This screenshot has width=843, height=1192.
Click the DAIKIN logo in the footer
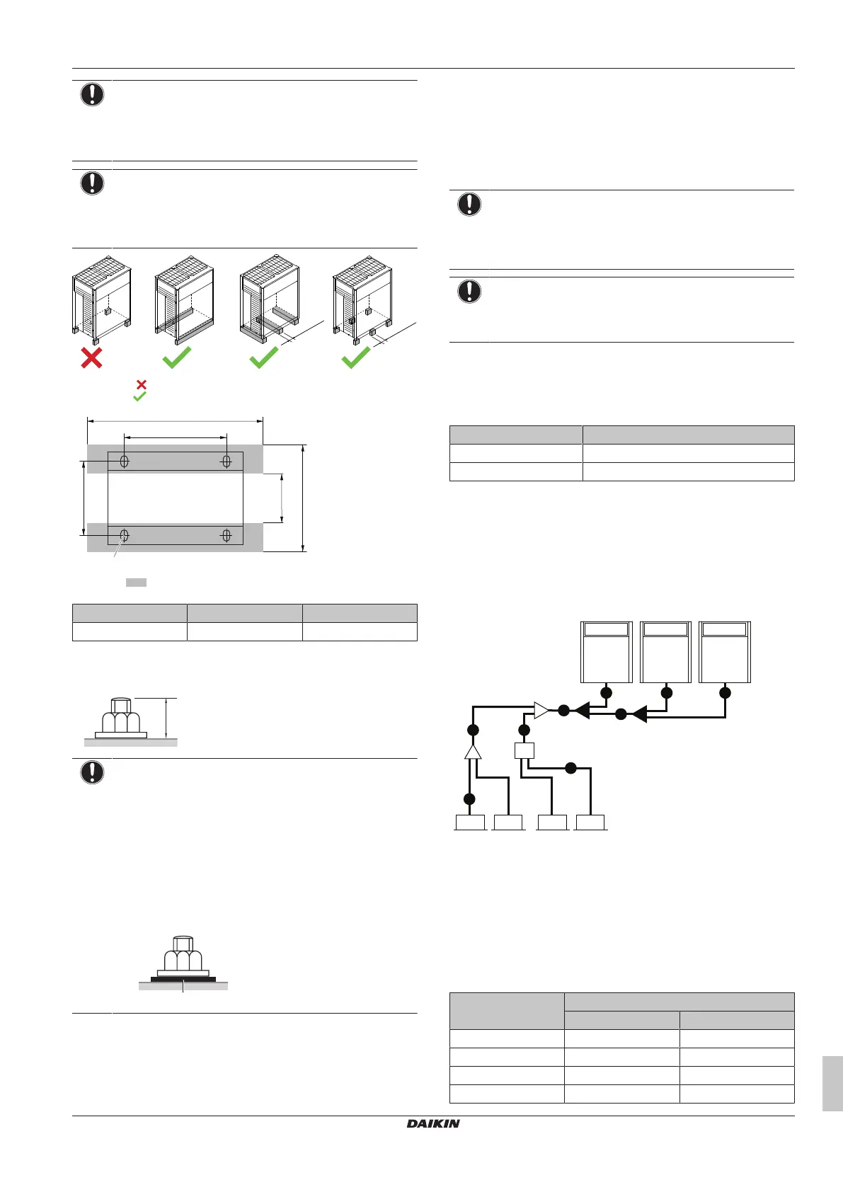pos(433,1123)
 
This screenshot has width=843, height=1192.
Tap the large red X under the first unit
pos(91,357)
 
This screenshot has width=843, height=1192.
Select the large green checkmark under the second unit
pos(177,357)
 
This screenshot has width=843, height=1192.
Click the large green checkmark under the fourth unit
pos(356,357)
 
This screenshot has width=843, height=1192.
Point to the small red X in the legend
pos(141,384)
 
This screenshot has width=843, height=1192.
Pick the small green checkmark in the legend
pos(140,397)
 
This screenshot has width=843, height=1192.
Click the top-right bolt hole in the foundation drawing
pos(226,462)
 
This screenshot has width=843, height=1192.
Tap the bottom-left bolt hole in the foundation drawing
pos(125,535)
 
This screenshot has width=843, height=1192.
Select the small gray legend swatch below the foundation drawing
pos(136,582)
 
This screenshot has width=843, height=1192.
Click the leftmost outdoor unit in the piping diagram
pos(606,652)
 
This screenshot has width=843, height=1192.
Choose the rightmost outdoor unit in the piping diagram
pos(724,652)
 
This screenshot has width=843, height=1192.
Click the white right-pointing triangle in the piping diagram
pos(541,710)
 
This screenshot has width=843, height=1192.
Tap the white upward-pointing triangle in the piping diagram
pos(473,751)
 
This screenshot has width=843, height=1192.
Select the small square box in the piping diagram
pos(524,750)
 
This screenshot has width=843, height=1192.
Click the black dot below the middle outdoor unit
pos(666,692)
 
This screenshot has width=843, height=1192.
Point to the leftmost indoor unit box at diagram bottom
pos(470,823)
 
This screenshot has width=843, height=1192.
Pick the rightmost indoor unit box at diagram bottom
pos(590,823)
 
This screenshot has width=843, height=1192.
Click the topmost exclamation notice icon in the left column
pos(92,94)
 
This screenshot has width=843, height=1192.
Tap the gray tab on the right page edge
pos(832,1083)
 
